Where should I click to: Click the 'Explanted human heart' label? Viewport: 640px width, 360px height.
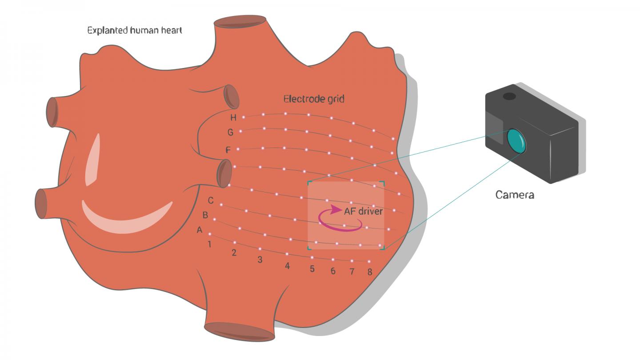(134, 31)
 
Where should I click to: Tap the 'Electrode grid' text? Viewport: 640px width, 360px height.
(314, 99)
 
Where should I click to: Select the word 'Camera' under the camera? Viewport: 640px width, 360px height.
(515, 195)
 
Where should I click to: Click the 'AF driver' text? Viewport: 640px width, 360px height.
(363, 211)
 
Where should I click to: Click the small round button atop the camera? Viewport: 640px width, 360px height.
(509, 96)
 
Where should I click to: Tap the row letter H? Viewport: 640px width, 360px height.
(233, 117)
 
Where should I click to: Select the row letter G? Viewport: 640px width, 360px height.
(230, 132)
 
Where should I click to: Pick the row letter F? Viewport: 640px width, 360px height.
(228, 150)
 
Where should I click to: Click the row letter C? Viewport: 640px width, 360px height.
(211, 201)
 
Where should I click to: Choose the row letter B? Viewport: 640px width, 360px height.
(205, 216)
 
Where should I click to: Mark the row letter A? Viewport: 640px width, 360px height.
(200, 230)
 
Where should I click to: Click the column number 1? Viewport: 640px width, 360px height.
(209, 244)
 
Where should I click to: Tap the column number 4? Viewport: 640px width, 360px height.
(288, 266)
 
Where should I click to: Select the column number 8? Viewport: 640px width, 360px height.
(370, 272)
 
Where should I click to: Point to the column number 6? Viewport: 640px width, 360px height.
(333, 271)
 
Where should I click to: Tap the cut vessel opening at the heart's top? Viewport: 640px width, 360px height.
(240, 22)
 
